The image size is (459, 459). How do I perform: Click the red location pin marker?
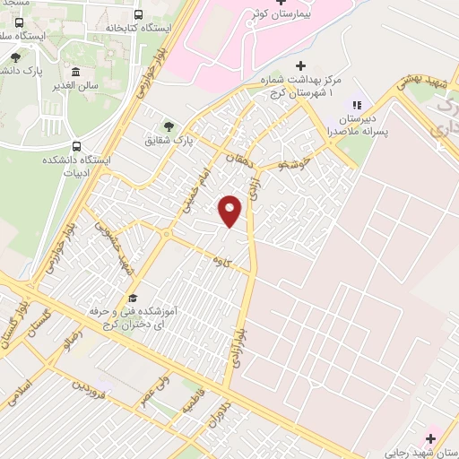pyautogui.click(x=230, y=210)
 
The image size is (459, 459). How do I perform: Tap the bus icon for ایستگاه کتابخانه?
pyautogui.click(x=138, y=15)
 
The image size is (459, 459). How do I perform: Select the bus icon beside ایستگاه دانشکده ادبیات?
pyautogui.click(x=77, y=145)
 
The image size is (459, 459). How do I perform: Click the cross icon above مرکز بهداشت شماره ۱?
pyautogui.click(x=300, y=65)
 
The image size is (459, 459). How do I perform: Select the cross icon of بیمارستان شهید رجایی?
pyautogui.click(x=431, y=438)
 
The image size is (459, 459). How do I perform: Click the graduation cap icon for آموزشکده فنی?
pyautogui.click(x=133, y=299)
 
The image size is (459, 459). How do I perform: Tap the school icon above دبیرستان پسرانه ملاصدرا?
pyautogui.click(x=357, y=105)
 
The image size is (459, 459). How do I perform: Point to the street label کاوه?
pyautogui.click(x=217, y=260)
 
